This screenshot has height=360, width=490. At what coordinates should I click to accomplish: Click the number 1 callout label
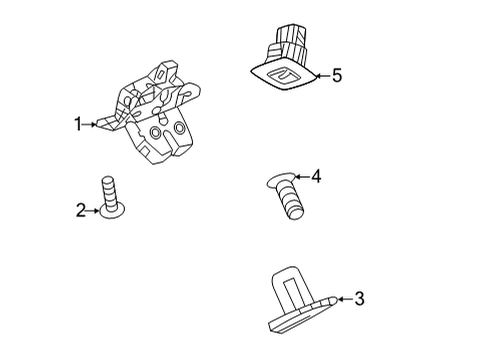point(76,124)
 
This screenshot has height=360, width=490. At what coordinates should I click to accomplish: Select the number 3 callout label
point(360,298)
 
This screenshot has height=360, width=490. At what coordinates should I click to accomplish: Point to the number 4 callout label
point(316,177)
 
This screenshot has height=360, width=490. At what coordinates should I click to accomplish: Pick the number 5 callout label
point(336,75)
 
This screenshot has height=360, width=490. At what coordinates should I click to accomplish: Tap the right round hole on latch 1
point(180,128)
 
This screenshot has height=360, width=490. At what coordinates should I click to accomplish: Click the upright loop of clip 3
point(288,280)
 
